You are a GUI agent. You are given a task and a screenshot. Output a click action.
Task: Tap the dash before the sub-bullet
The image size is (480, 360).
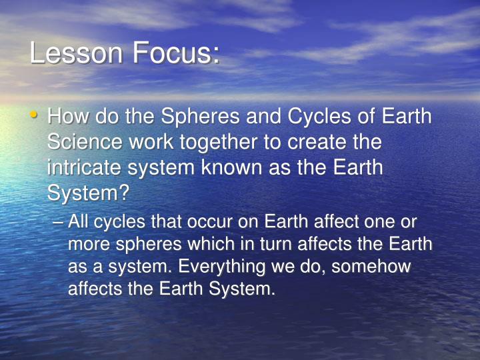(x=58, y=222)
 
